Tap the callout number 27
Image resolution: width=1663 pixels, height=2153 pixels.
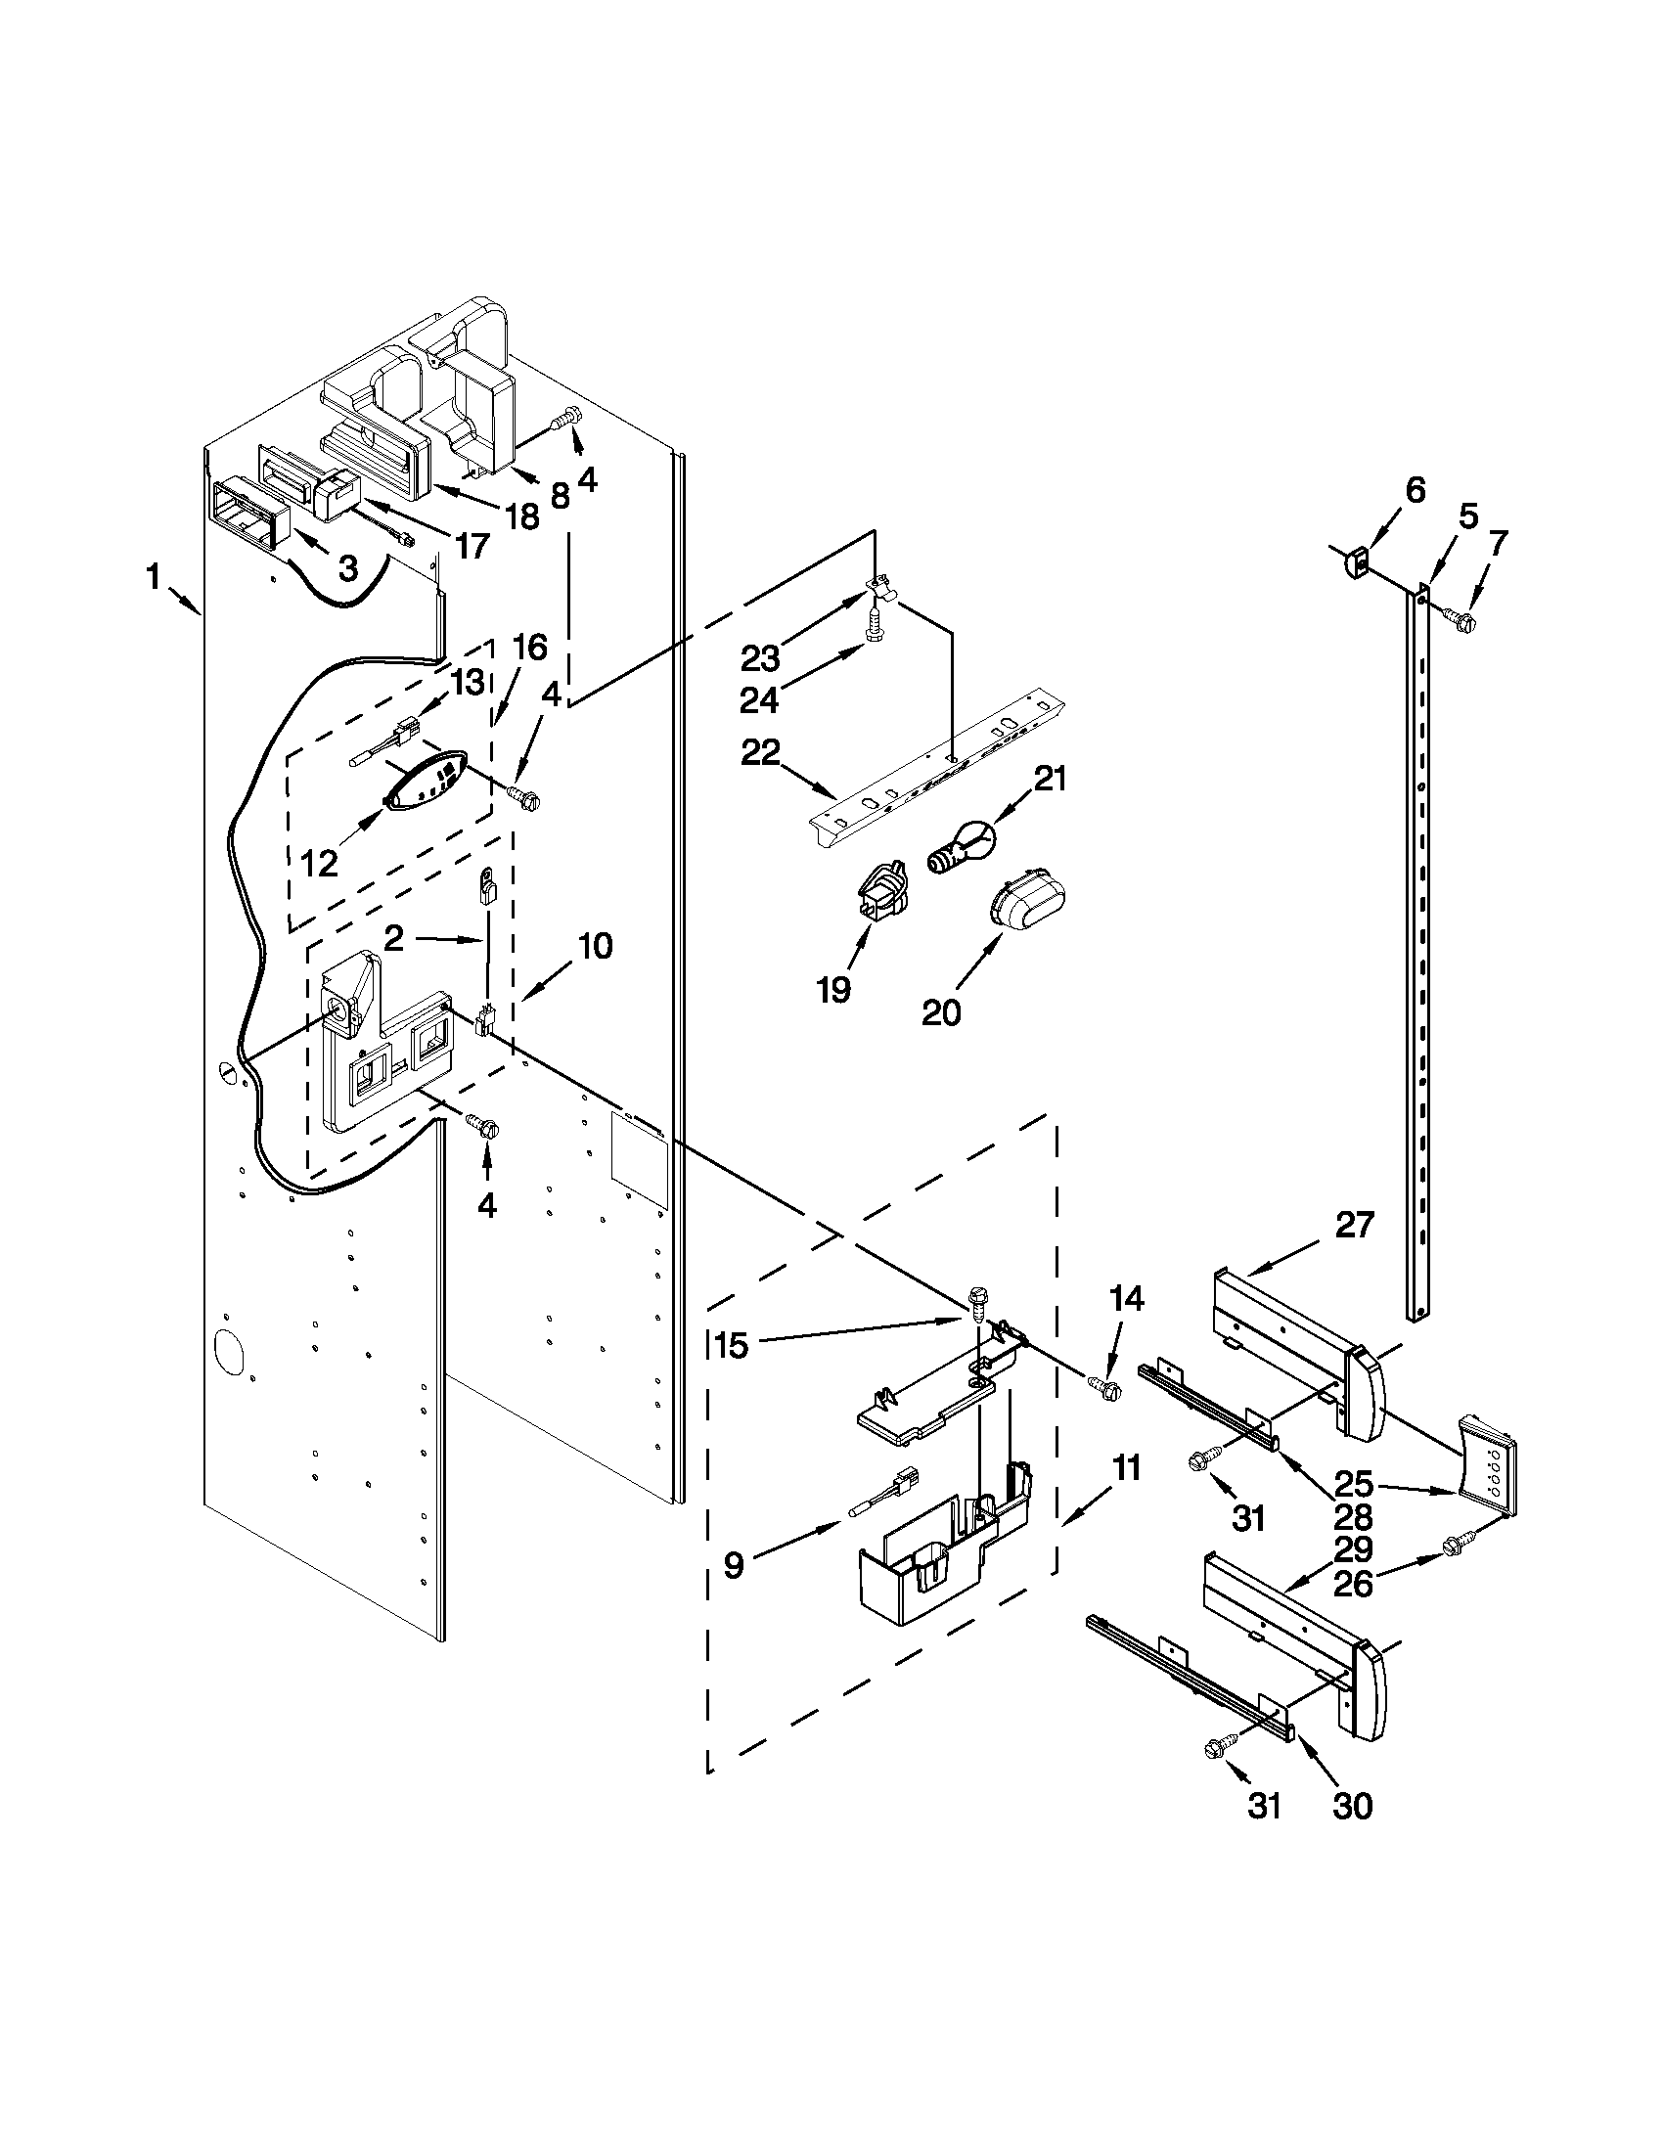[1354, 1226]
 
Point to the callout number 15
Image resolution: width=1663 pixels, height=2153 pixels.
[731, 1346]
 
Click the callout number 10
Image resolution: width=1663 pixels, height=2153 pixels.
[595, 945]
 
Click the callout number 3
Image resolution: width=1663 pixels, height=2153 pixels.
[347, 567]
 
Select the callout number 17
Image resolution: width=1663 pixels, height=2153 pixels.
[473, 544]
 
